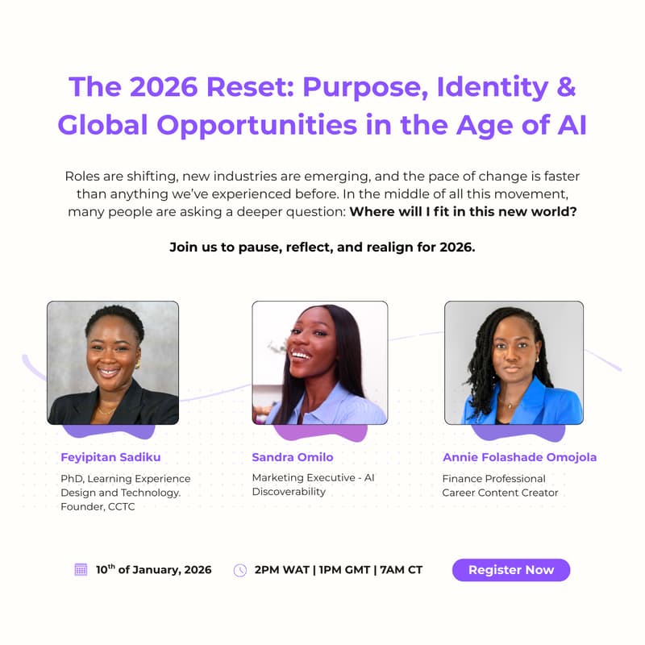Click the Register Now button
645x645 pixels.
pos(511,570)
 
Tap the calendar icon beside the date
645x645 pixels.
pos(81,570)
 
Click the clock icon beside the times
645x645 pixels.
pos(240,570)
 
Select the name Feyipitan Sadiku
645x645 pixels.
pos(110,457)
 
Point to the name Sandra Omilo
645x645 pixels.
pos(292,457)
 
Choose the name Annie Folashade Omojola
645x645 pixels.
pos(519,457)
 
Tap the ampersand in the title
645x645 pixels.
pos(565,87)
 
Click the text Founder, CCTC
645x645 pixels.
pos(98,507)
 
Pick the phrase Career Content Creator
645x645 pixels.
pos(500,493)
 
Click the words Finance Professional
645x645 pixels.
pos(493,478)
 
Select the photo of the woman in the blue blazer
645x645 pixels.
pos(514,363)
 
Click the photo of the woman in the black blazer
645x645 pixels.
pos(113,363)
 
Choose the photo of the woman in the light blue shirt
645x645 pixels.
pos(319,363)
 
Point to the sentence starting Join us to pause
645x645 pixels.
pos(322,248)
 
